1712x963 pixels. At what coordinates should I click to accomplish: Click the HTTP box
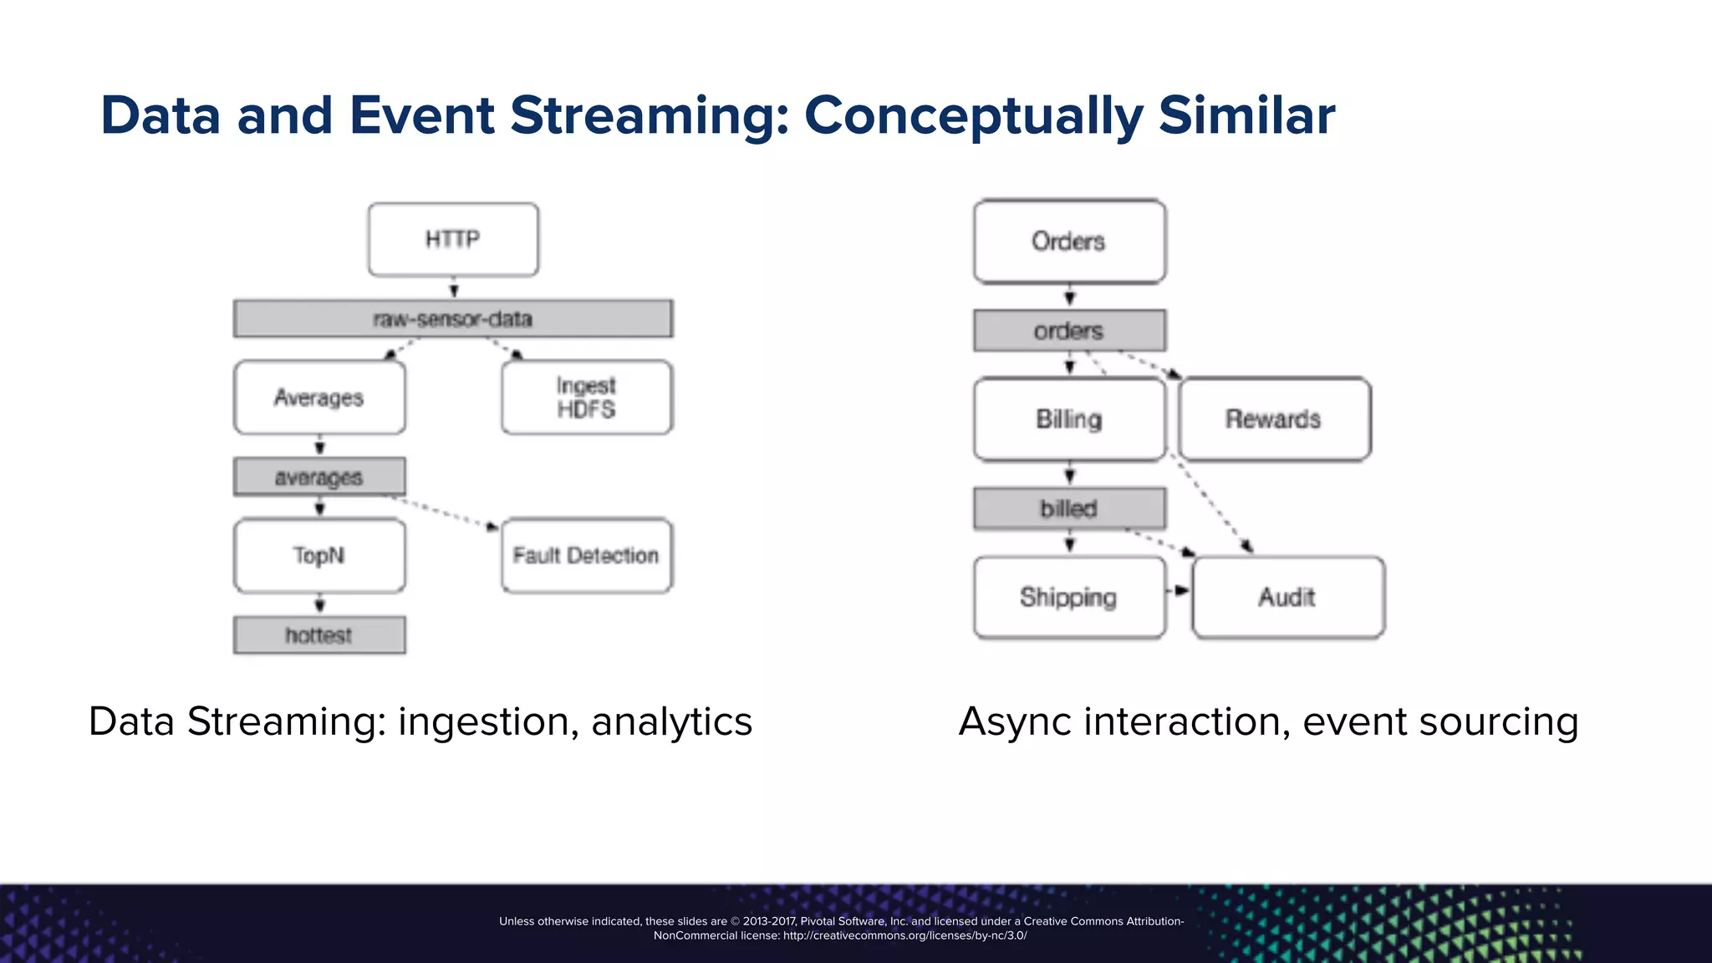[x=453, y=239]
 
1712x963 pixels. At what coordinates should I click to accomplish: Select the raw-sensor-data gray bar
[x=453, y=318]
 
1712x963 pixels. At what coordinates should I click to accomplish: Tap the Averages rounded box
[x=319, y=397]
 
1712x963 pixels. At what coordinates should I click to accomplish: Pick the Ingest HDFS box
[x=587, y=397]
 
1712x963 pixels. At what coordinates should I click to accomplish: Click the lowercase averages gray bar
[x=319, y=476]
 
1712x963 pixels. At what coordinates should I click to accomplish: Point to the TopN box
[x=319, y=555]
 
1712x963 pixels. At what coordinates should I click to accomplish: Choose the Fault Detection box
[x=587, y=555]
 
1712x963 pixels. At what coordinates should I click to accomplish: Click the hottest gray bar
[x=319, y=635]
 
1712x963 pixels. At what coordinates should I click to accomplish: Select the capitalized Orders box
[x=1069, y=242]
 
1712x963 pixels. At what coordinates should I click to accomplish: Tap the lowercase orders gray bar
[x=1069, y=331]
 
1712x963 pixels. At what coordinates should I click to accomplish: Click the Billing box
[x=1069, y=419]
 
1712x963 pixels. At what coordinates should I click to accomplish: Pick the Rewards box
[x=1274, y=419]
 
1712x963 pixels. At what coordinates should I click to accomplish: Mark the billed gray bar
[x=1069, y=508]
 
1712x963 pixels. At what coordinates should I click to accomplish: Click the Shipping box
[x=1069, y=597]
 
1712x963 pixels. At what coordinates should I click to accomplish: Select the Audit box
[x=1287, y=597]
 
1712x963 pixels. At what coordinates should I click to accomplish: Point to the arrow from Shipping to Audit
[x=1179, y=590]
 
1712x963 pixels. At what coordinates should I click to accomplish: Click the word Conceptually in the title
[x=973, y=115]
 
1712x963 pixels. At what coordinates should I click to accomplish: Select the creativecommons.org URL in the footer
[x=904, y=935]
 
